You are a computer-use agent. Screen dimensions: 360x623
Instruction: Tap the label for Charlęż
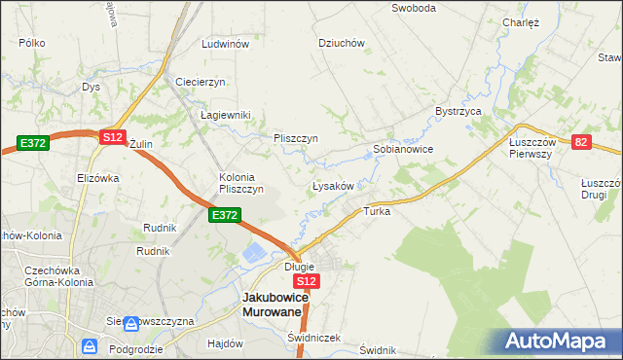[521, 22]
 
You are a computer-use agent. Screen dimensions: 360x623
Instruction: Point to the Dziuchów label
[341, 43]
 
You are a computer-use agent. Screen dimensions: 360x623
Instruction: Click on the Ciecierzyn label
[201, 82]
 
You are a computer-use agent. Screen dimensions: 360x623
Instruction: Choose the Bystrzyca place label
[459, 112]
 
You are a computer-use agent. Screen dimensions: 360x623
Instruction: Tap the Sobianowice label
[403, 150]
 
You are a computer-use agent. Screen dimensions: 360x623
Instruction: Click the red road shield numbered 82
[581, 142]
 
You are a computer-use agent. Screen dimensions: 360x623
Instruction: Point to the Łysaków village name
[338, 185]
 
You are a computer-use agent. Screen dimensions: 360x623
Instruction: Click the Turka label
[377, 211]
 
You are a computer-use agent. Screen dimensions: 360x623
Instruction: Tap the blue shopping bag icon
[90, 345]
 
